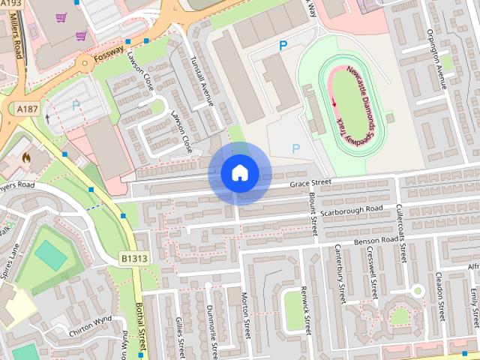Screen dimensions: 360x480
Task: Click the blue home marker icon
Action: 239,173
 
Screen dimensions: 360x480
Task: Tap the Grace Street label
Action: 311,182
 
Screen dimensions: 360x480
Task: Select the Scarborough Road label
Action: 351,211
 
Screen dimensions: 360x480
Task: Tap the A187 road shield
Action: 28,109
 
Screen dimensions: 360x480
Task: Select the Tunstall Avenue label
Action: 203,82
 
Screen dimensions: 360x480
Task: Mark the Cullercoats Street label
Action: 402,232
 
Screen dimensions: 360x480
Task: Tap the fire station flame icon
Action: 26,160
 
